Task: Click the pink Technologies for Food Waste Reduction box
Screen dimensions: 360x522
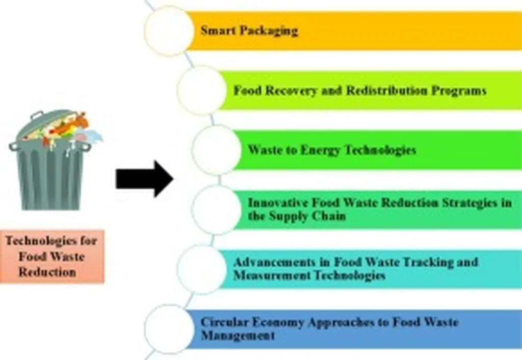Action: pyautogui.click(x=54, y=255)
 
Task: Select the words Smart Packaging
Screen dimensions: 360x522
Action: pyautogui.click(x=249, y=31)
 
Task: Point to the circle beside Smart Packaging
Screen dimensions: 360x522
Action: pyautogui.click(x=169, y=31)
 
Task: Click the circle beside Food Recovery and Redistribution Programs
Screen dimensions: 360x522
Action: pyautogui.click(x=201, y=90)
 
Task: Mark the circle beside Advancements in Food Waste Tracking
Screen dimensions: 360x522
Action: pyautogui.click(x=201, y=269)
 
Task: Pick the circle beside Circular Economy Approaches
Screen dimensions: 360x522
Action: pyautogui.click(x=169, y=329)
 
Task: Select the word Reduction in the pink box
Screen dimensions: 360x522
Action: pyautogui.click(x=47, y=272)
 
